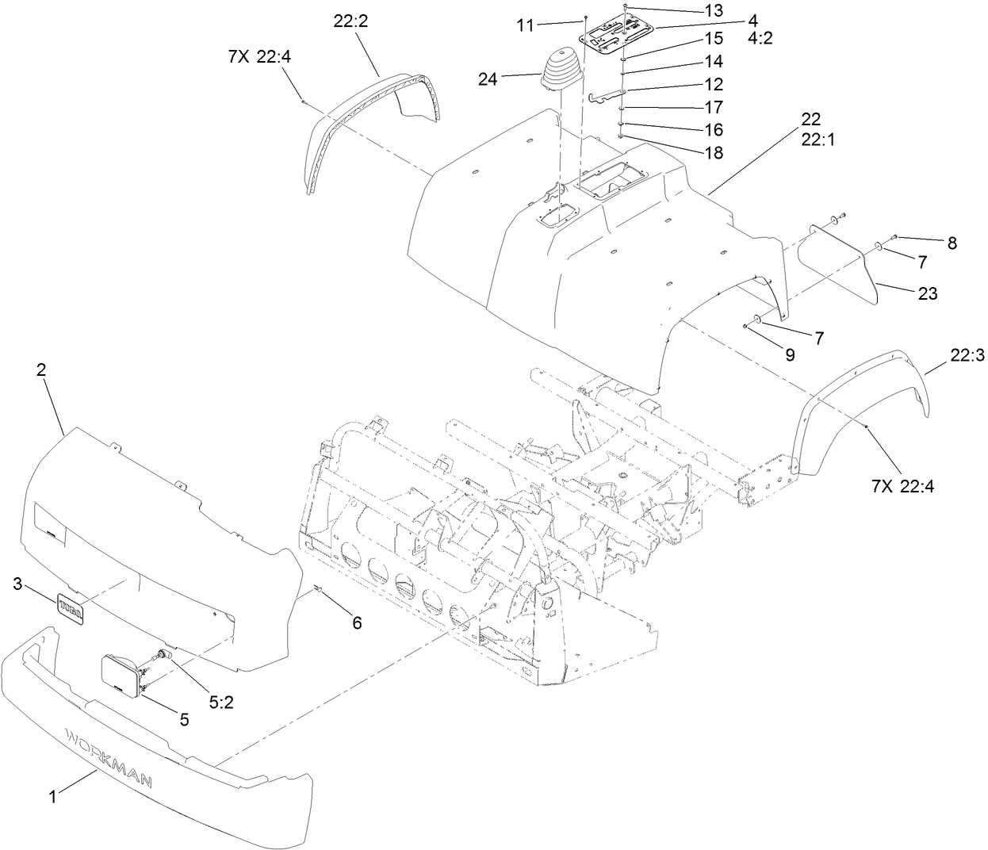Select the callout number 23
point(928,293)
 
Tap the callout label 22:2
point(350,22)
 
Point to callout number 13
point(714,10)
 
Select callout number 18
point(714,153)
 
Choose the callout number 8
point(951,243)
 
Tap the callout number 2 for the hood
point(41,369)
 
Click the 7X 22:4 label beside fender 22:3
point(902,486)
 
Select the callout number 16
point(714,129)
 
